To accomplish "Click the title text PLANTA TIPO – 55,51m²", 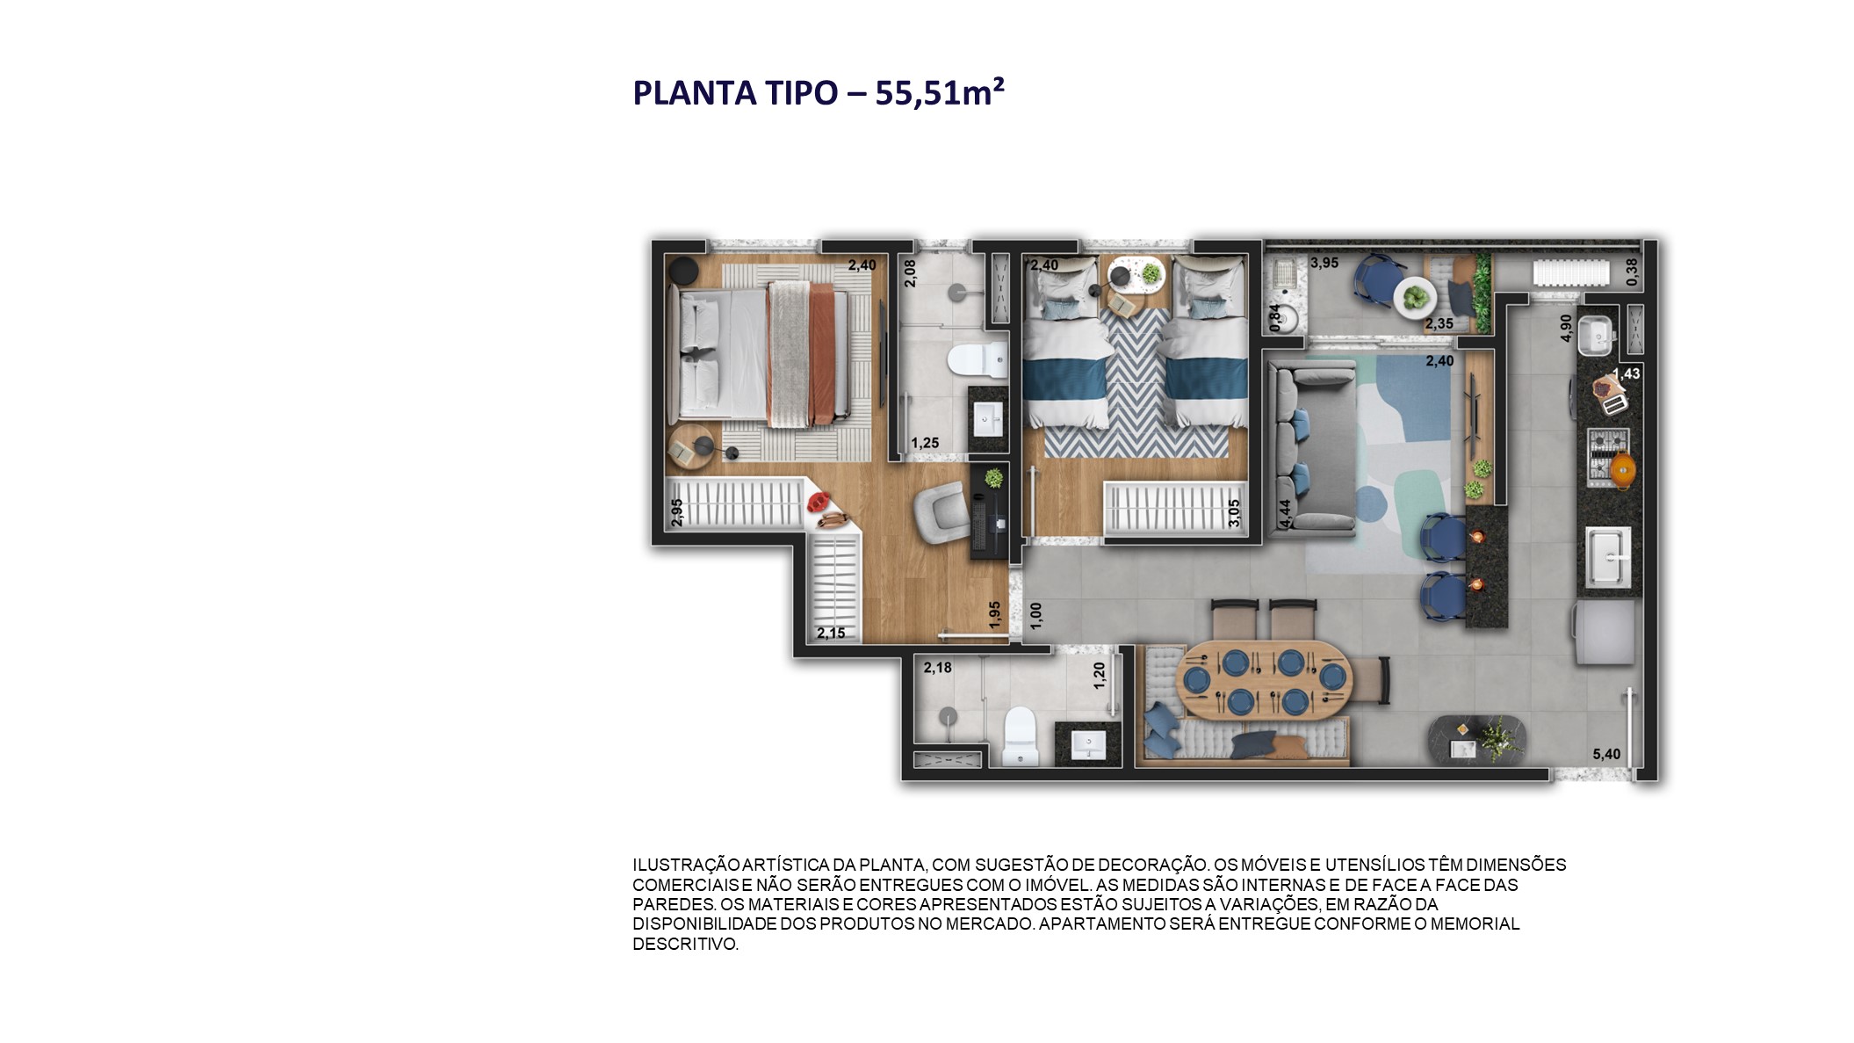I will pos(818,92).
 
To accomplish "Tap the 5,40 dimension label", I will pos(1606,754).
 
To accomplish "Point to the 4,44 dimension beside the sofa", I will pos(1285,513).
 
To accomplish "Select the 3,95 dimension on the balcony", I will pos(1324,263).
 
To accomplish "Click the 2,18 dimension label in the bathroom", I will pos(937,668).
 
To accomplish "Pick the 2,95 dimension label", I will pos(676,512).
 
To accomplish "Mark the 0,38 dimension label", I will pos(1632,272).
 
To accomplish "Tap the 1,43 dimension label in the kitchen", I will pos(1627,373).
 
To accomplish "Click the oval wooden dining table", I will pos(1265,680).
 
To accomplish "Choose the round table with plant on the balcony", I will pos(1415,297).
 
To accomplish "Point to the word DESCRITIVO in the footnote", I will pos(684,944).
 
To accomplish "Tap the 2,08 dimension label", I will pos(910,272).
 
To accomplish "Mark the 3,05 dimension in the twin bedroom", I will pos(1234,513).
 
